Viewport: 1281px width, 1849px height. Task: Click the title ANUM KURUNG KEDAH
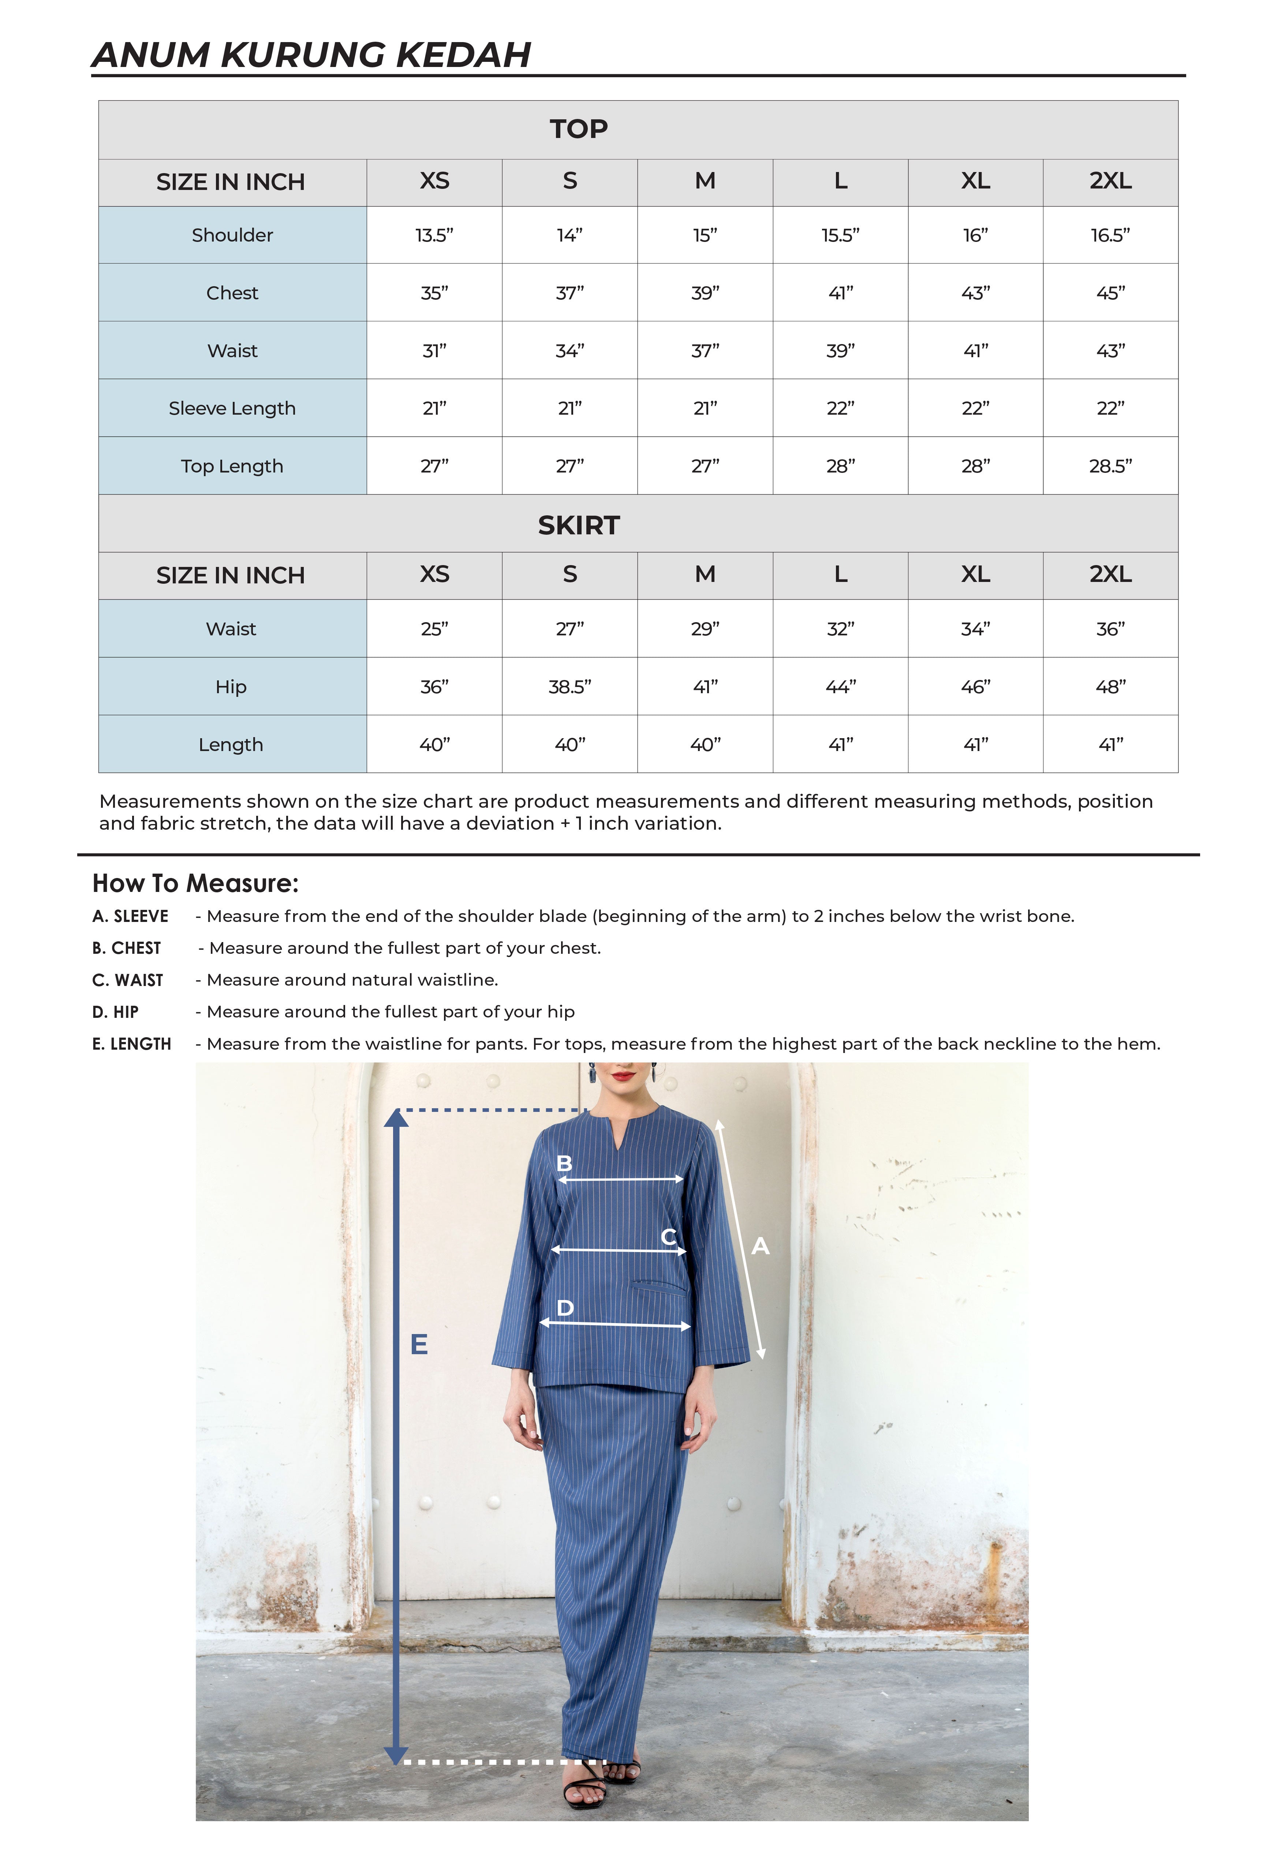(x=311, y=55)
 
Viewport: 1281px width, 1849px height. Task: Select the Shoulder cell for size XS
(x=434, y=235)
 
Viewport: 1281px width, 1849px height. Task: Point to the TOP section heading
(x=579, y=128)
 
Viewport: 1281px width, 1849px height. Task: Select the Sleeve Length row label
(x=232, y=408)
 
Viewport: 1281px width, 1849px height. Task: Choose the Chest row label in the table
(x=232, y=293)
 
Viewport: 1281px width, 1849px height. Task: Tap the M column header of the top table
(x=705, y=182)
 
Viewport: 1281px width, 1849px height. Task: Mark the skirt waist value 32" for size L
(x=840, y=629)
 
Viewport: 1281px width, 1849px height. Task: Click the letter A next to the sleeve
(x=760, y=1246)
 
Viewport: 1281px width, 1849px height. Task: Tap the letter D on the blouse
(x=565, y=1308)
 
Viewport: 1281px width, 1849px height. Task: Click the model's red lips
(x=623, y=1075)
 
